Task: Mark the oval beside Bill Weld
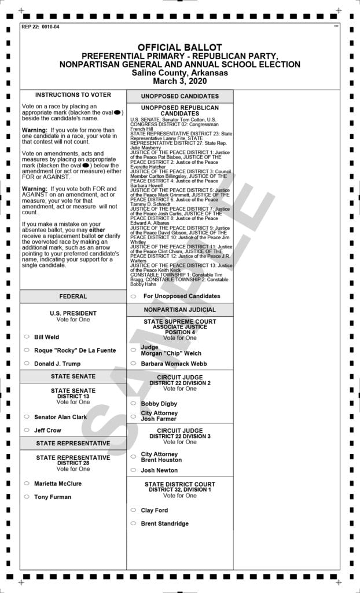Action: pos(27,336)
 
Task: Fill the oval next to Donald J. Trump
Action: pos(27,364)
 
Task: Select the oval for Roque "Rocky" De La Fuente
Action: pos(27,350)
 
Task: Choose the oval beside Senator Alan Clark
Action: pos(27,416)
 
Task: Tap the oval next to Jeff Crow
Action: pos(27,430)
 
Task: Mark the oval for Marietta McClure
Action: pos(27,483)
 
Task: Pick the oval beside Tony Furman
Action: pos(27,496)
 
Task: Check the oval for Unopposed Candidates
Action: pos(133,296)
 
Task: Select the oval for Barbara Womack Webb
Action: pos(133,364)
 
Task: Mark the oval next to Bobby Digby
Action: pos(133,403)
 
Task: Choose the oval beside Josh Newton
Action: pos(133,470)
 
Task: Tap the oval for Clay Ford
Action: pos(133,510)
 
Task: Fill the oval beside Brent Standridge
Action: pos(133,524)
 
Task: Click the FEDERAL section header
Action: pos(73,296)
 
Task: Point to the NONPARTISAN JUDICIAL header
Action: pos(179,310)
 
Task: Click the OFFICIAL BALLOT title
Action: pos(179,47)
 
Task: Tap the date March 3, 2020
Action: pos(179,82)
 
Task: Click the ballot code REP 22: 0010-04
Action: pos(40,27)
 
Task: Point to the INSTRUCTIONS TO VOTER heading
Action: pos(73,95)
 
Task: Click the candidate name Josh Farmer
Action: pos(159,419)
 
